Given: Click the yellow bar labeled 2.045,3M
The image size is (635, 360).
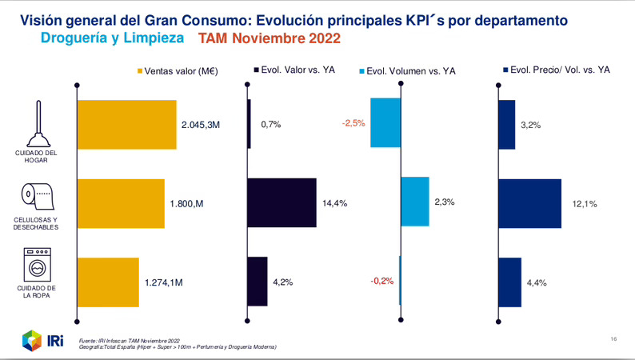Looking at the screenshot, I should tap(126, 124).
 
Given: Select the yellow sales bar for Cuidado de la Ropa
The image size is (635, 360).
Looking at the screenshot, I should tap(108, 282).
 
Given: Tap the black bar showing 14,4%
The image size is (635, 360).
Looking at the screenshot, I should tap(282, 203).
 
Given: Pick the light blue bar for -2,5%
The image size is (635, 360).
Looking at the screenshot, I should tap(385, 123).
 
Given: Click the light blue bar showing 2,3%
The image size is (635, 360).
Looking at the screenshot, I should tap(414, 202).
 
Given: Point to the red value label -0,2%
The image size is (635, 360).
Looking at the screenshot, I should tap(381, 282).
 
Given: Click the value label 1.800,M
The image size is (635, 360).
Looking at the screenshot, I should tap(187, 204).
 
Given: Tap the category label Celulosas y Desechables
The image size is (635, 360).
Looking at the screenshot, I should tap(35, 222).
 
